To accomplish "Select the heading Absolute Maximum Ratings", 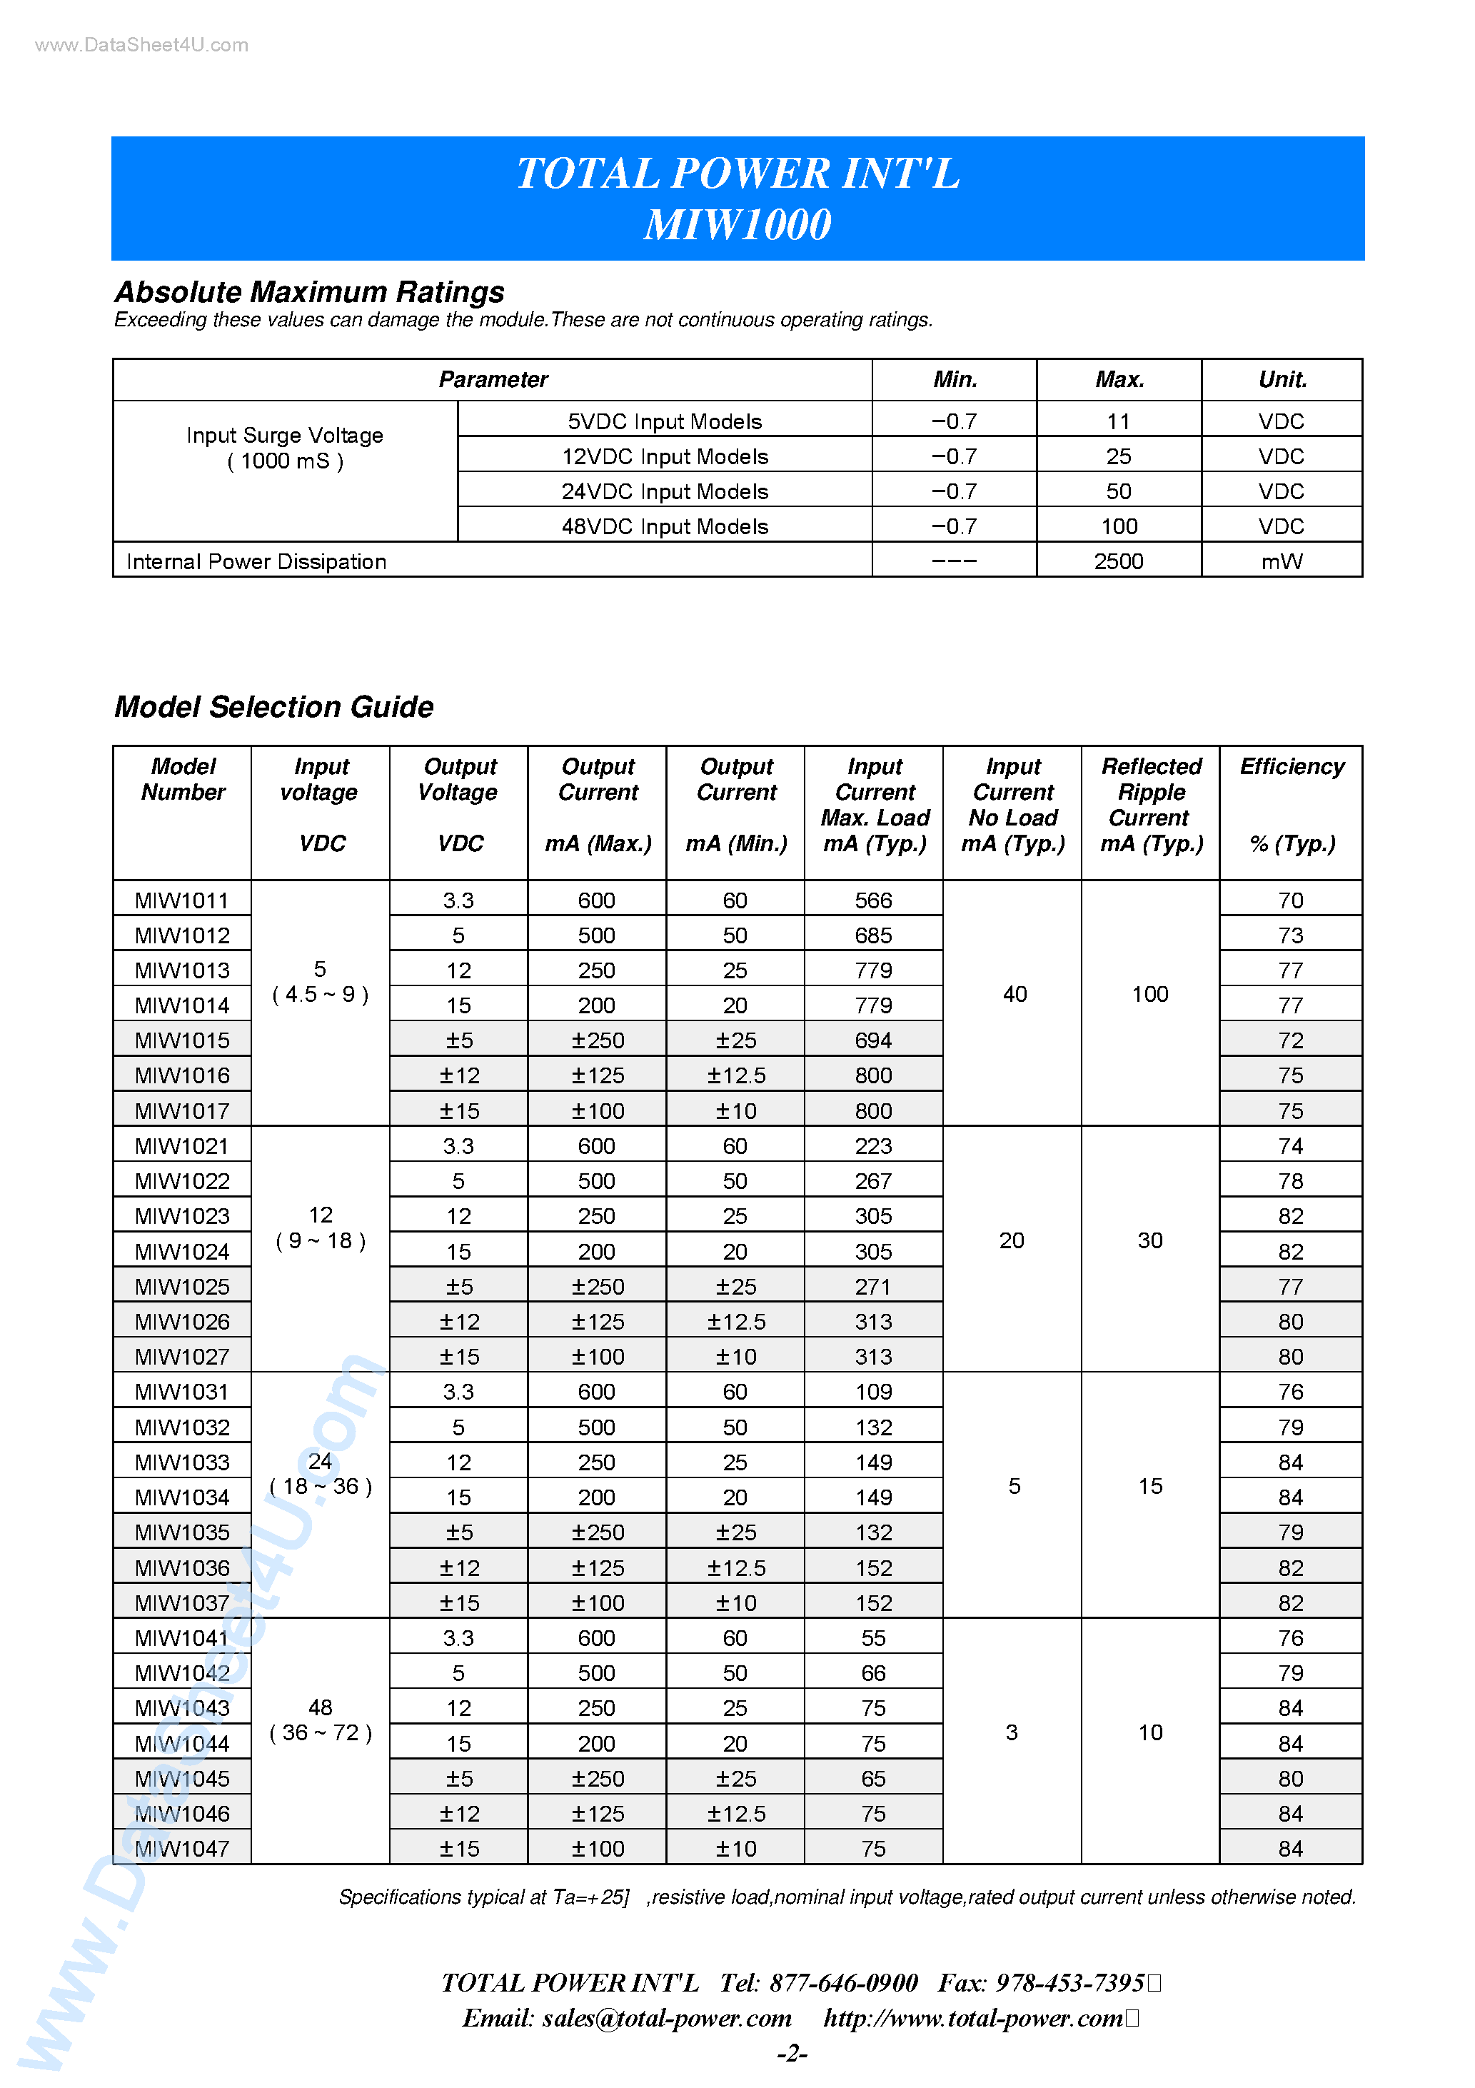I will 309,292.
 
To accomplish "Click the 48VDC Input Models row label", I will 664,526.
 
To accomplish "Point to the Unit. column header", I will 1282,379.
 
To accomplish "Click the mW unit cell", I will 1282,561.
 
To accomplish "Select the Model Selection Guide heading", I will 273,707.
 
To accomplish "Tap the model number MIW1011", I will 182,900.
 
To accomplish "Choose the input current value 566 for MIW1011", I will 873,900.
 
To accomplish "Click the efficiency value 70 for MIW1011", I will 1289,900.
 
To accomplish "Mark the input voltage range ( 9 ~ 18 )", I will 320,1241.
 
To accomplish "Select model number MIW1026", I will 182,1321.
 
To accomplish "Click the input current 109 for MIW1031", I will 873,1391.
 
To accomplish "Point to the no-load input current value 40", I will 1014,994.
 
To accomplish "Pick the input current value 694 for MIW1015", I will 873,1040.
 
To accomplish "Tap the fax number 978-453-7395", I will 1069,1982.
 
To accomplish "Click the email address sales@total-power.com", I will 667,2018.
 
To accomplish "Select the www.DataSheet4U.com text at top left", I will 141,44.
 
